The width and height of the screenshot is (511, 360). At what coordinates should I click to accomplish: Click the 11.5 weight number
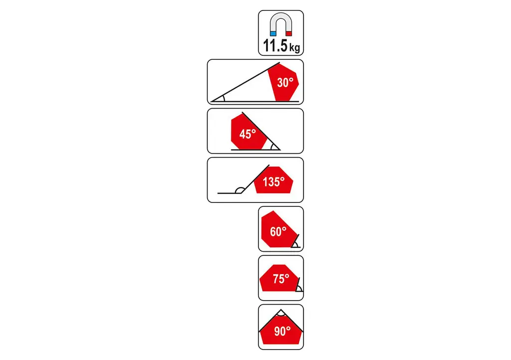coord(275,45)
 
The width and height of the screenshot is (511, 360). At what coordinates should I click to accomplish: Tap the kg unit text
coord(294,47)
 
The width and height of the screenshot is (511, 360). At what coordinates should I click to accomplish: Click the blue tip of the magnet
coord(273,33)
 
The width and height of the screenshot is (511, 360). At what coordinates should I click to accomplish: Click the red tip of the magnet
coord(289,33)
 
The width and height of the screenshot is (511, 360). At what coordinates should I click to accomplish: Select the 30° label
coord(285,83)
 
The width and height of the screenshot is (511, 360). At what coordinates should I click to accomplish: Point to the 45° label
coord(248,134)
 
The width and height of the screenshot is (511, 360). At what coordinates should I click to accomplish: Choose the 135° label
coord(274,181)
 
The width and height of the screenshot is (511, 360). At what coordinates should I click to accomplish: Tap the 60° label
coord(278,231)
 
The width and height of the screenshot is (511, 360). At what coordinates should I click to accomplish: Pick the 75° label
coord(281,279)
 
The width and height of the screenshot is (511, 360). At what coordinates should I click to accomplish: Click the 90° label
coord(282,331)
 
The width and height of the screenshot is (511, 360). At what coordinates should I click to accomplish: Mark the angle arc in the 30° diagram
coord(223,98)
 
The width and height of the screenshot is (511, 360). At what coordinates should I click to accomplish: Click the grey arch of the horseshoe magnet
coord(281,19)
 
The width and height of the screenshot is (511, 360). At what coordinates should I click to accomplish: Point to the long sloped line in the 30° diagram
coord(245,82)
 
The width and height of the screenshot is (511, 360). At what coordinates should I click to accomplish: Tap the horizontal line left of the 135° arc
coord(229,193)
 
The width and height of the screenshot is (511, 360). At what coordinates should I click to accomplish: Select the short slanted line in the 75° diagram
coord(297,284)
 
